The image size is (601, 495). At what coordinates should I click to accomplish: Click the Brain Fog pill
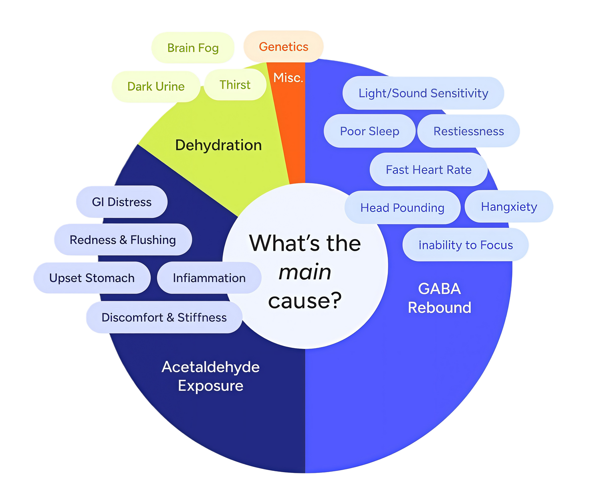[x=193, y=48]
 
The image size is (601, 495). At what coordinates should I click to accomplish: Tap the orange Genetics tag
[x=283, y=47]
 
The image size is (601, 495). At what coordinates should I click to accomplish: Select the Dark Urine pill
[x=155, y=86]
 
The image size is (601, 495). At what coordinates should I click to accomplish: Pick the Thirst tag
[x=235, y=85]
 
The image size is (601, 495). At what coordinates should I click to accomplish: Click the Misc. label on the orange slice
[x=288, y=77]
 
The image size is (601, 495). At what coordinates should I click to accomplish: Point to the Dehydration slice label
[x=218, y=145]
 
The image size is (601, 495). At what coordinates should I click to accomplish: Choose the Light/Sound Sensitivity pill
[x=423, y=93]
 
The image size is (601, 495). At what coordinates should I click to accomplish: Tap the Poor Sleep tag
[x=369, y=131]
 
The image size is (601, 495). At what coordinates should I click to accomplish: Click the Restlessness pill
[x=468, y=131]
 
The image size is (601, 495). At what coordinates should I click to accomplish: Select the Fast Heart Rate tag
[x=428, y=170]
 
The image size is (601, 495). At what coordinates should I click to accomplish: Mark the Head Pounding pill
[x=402, y=207]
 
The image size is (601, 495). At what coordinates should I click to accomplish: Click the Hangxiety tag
[x=509, y=207]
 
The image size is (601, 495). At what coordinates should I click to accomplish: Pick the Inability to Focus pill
[x=466, y=245]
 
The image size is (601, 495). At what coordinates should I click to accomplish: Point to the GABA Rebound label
[x=440, y=298]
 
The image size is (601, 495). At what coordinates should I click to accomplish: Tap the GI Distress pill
[x=121, y=202]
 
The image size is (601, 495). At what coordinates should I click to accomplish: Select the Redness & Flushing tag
[x=123, y=240]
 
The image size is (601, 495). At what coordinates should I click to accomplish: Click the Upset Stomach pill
[x=92, y=278]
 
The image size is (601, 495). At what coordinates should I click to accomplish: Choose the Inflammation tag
[x=209, y=278]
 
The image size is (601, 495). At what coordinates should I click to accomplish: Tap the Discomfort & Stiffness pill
[x=164, y=317]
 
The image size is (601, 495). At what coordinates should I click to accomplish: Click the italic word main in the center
[x=305, y=272]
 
